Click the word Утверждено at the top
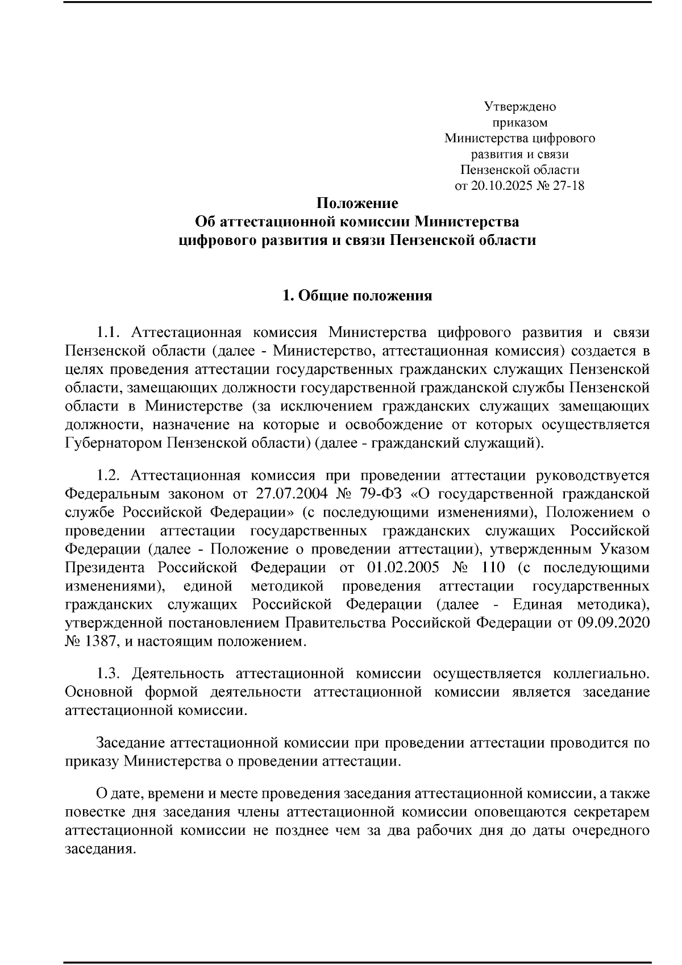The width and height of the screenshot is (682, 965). click(519, 106)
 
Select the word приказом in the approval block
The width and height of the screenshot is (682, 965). click(519, 122)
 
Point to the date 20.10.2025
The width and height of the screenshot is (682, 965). click(500, 186)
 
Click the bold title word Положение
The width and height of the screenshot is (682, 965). click(357, 203)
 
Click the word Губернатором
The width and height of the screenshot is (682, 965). click(113, 443)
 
